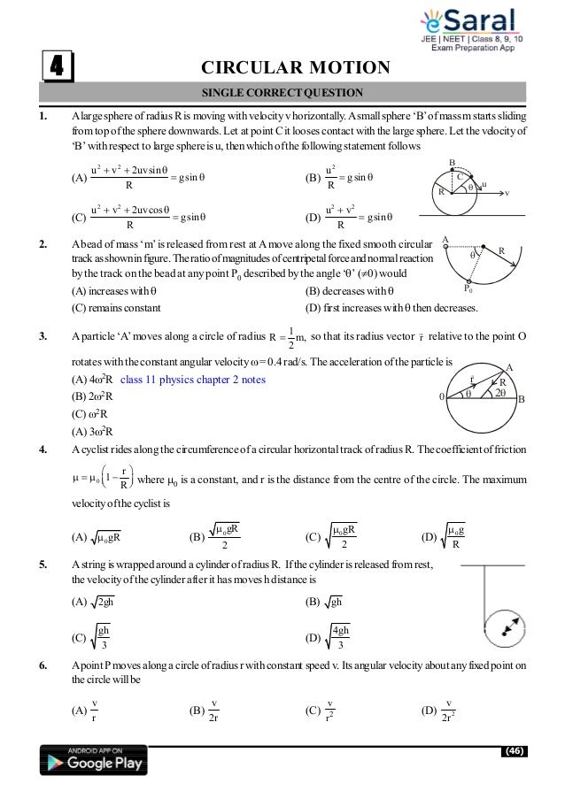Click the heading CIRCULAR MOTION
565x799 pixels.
coord(296,68)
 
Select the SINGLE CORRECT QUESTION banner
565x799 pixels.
coord(282,92)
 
